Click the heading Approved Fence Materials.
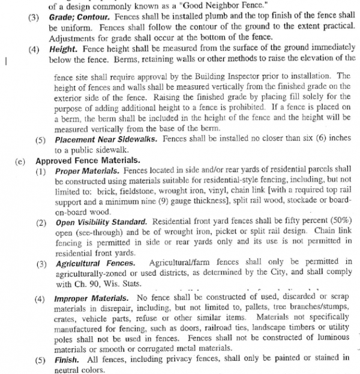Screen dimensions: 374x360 88,161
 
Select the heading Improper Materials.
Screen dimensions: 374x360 91,298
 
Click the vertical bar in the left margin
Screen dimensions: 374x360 5,61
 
